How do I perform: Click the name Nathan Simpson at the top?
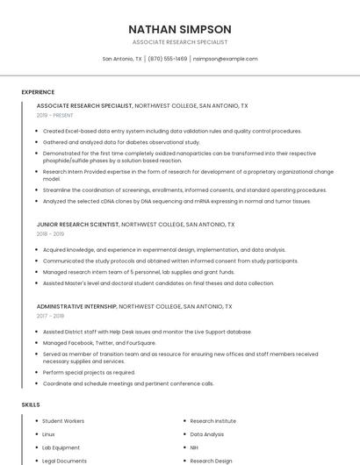[180, 29]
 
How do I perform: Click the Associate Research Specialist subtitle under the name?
[180, 42]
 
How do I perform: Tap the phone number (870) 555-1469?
[167, 59]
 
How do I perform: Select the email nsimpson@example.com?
[225, 59]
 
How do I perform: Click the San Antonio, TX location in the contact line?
[122, 59]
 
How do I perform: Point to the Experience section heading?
[38, 92]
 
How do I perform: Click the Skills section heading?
[31, 404]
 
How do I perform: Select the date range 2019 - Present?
[54, 115]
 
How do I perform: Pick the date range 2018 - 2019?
[50, 234]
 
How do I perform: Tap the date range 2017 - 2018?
[50, 316]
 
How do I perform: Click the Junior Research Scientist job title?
[77, 225]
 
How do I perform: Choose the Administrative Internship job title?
[76, 306]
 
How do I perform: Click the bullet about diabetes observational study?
[121, 141]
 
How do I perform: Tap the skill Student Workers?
[63, 421]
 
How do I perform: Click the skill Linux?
[48, 434]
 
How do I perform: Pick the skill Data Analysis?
[206, 434]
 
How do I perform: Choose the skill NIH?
[196, 447]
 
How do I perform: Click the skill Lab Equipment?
[61, 447]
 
